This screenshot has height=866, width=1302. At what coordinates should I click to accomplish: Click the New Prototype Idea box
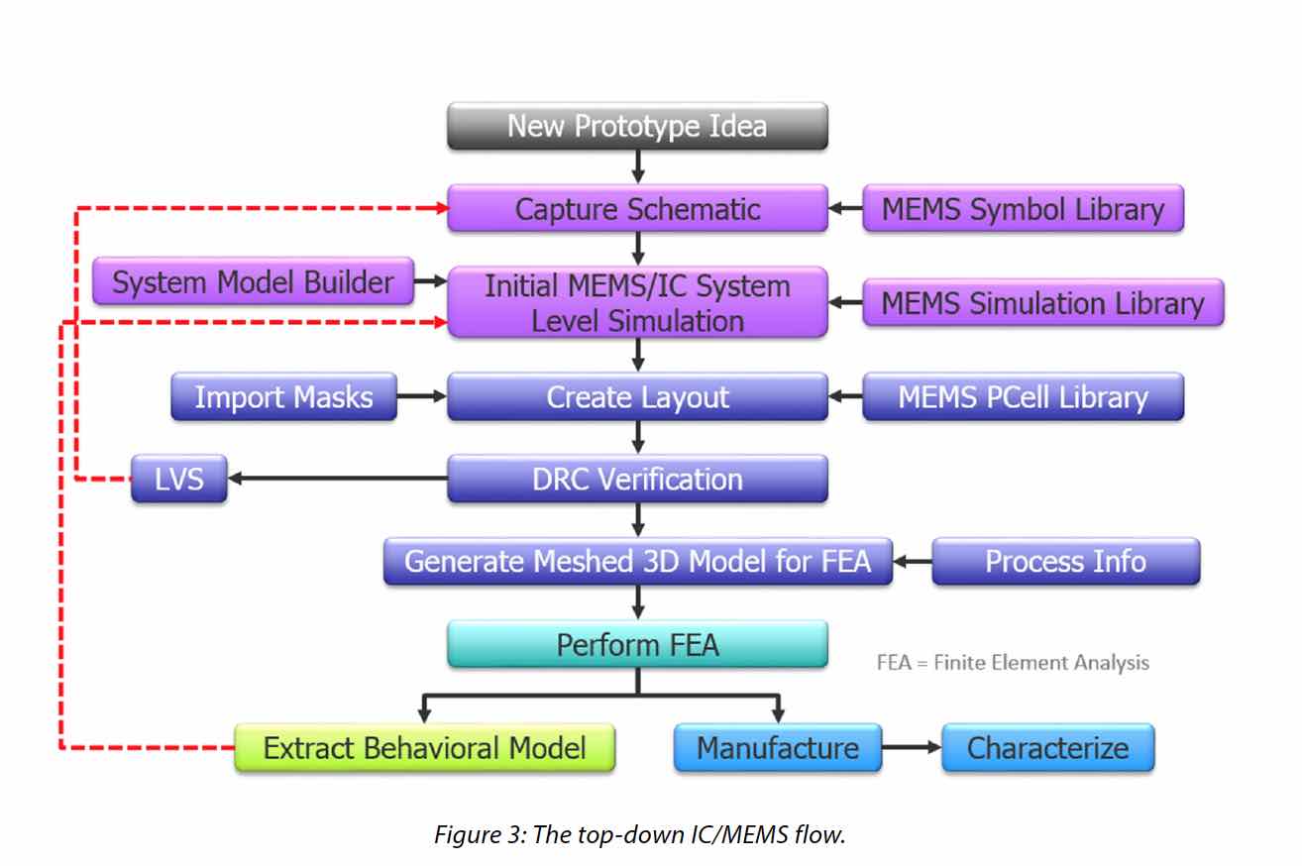point(638,126)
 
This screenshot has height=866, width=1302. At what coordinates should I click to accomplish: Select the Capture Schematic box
point(638,208)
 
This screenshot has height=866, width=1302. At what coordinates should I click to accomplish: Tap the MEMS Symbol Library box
point(1023,208)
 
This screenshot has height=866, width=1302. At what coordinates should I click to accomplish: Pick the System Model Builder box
point(253,281)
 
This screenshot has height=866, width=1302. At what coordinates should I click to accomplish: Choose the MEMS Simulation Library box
point(1043,302)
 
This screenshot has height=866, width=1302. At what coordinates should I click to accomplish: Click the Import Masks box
point(284,396)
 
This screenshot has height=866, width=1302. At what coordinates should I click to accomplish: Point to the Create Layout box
point(638,396)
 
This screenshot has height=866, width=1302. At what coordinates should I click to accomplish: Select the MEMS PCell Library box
point(1023,396)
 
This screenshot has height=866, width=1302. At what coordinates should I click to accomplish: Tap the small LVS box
point(179,479)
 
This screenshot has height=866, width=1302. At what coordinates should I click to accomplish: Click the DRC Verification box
point(638,479)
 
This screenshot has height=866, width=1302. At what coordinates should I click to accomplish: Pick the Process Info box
point(1066,561)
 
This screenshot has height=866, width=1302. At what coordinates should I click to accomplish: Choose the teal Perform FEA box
point(638,644)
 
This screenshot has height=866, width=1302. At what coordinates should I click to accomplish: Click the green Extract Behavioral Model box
point(425,747)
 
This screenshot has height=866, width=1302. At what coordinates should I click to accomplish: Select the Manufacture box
point(778,747)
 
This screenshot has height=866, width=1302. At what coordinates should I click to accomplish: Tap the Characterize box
point(1048,747)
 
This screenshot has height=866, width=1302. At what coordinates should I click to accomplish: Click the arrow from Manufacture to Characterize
point(912,747)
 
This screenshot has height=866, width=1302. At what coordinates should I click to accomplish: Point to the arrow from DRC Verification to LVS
point(338,479)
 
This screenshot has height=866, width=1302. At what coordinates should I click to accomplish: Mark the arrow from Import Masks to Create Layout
point(422,396)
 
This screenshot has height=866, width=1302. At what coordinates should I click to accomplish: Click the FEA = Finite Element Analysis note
point(1013,663)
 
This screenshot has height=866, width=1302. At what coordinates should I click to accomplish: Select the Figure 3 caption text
point(639,834)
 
